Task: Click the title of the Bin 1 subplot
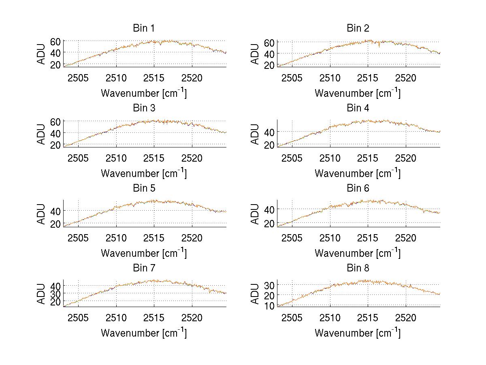[144, 28]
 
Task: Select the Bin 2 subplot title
[358, 28]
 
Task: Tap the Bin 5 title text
[144, 188]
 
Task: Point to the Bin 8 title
[358, 268]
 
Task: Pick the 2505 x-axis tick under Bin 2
[292, 78]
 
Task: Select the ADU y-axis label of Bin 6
[256, 213]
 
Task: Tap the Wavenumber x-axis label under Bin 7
[144, 333]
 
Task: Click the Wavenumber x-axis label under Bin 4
[358, 173]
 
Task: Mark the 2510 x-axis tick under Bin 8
[330, 318]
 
